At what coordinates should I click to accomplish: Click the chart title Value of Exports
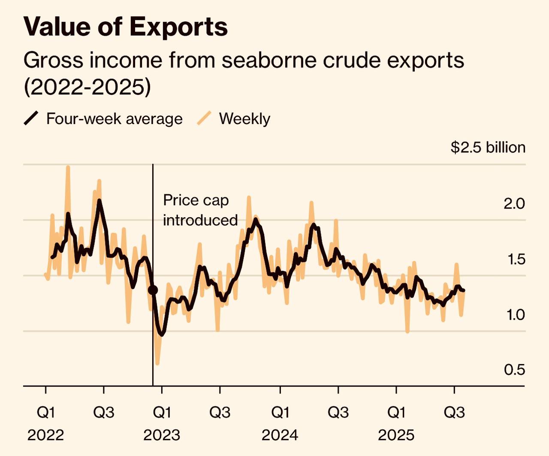click(126, 27)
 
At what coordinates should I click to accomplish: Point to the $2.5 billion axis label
click(488, 147)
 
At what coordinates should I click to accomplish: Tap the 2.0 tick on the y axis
click(514, 204)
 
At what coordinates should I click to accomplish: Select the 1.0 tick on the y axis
click(515, 315)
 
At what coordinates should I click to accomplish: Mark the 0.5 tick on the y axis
click(514, 370)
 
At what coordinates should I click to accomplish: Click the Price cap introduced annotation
click(200, 210)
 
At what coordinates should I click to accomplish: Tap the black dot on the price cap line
click(153, 290)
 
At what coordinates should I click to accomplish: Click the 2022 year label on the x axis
click(45, 435)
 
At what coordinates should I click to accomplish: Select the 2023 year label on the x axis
click(162, 435)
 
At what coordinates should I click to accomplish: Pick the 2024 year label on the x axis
click(280, 435)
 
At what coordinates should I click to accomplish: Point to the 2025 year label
click(396, 435)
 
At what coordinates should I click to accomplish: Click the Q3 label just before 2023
click(104, 413)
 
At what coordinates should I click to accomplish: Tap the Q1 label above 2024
click(280, 413)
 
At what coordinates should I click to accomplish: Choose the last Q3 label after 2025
click(454, 413)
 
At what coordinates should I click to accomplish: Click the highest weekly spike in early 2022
click(68, 167)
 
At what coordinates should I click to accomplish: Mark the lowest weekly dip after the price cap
click(157, 364)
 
